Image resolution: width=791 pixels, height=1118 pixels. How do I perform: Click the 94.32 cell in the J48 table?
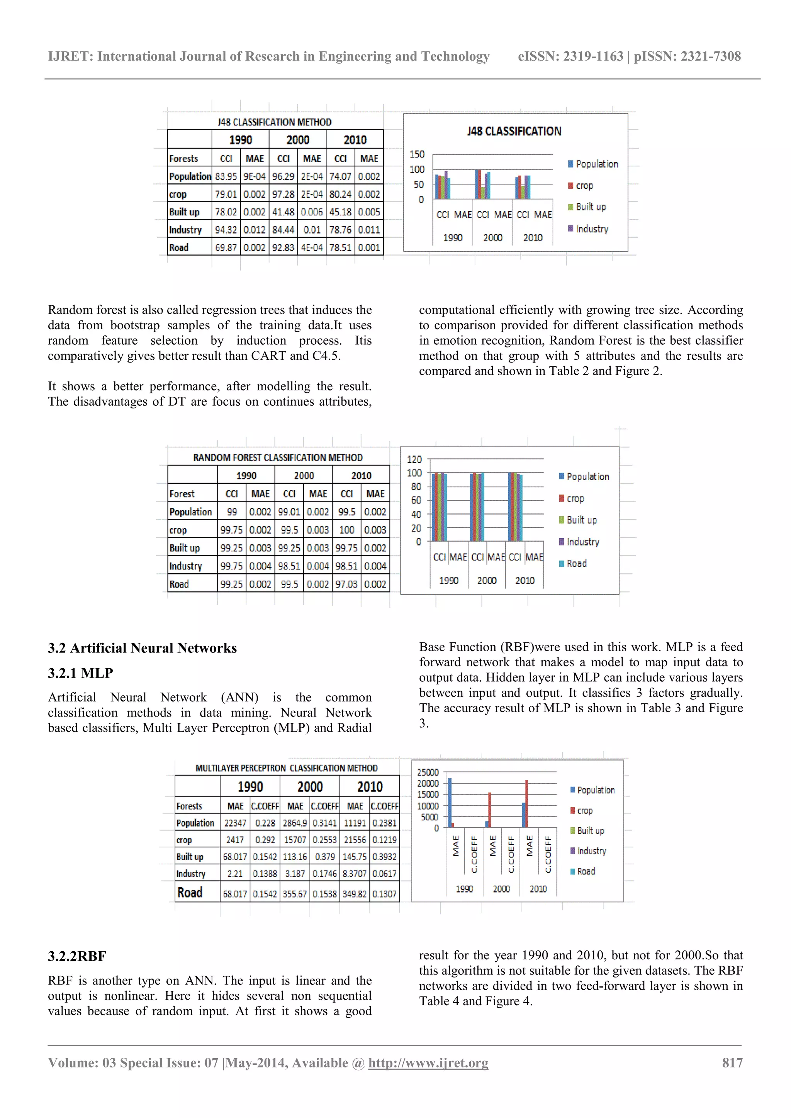(x=226, y=230)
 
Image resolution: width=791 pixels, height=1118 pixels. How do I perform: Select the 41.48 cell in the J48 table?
(x=283, y=212)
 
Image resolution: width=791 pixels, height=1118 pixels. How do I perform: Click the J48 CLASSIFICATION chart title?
(x=514, y=132)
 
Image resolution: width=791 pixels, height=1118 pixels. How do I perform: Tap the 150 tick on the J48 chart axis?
(x=417, y=154)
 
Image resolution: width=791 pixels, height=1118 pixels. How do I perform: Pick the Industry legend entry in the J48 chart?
(x=592, y=229)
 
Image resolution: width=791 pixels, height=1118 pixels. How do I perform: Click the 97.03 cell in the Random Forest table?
(x=346, y=584)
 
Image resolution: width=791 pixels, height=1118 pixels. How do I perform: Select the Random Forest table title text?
(x=278, y=458)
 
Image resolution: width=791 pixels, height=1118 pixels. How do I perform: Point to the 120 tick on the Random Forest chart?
(x=414, y=459)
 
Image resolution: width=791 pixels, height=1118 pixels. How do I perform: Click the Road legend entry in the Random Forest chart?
(x=576, y=563)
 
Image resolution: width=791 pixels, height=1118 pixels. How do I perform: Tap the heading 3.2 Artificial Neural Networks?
(x=142, y=648)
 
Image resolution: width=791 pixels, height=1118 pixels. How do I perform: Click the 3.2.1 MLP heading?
(x=80, y=673)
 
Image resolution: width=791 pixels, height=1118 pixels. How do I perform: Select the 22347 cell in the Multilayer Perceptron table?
(x=235, y=823)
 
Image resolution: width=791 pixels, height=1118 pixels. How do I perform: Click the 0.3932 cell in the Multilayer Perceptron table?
(x=384, y=857)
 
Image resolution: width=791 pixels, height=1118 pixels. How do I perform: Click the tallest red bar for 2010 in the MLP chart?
(x=526, y=803)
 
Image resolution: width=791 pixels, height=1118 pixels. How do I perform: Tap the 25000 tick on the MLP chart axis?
(x=428, y=772)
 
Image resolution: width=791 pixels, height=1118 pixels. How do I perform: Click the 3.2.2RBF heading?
(x=77, y=956)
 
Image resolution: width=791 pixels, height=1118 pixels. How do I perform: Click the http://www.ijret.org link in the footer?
(x=428, y=1062)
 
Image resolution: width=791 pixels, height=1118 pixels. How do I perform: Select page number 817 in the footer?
(x=732, y=1062)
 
